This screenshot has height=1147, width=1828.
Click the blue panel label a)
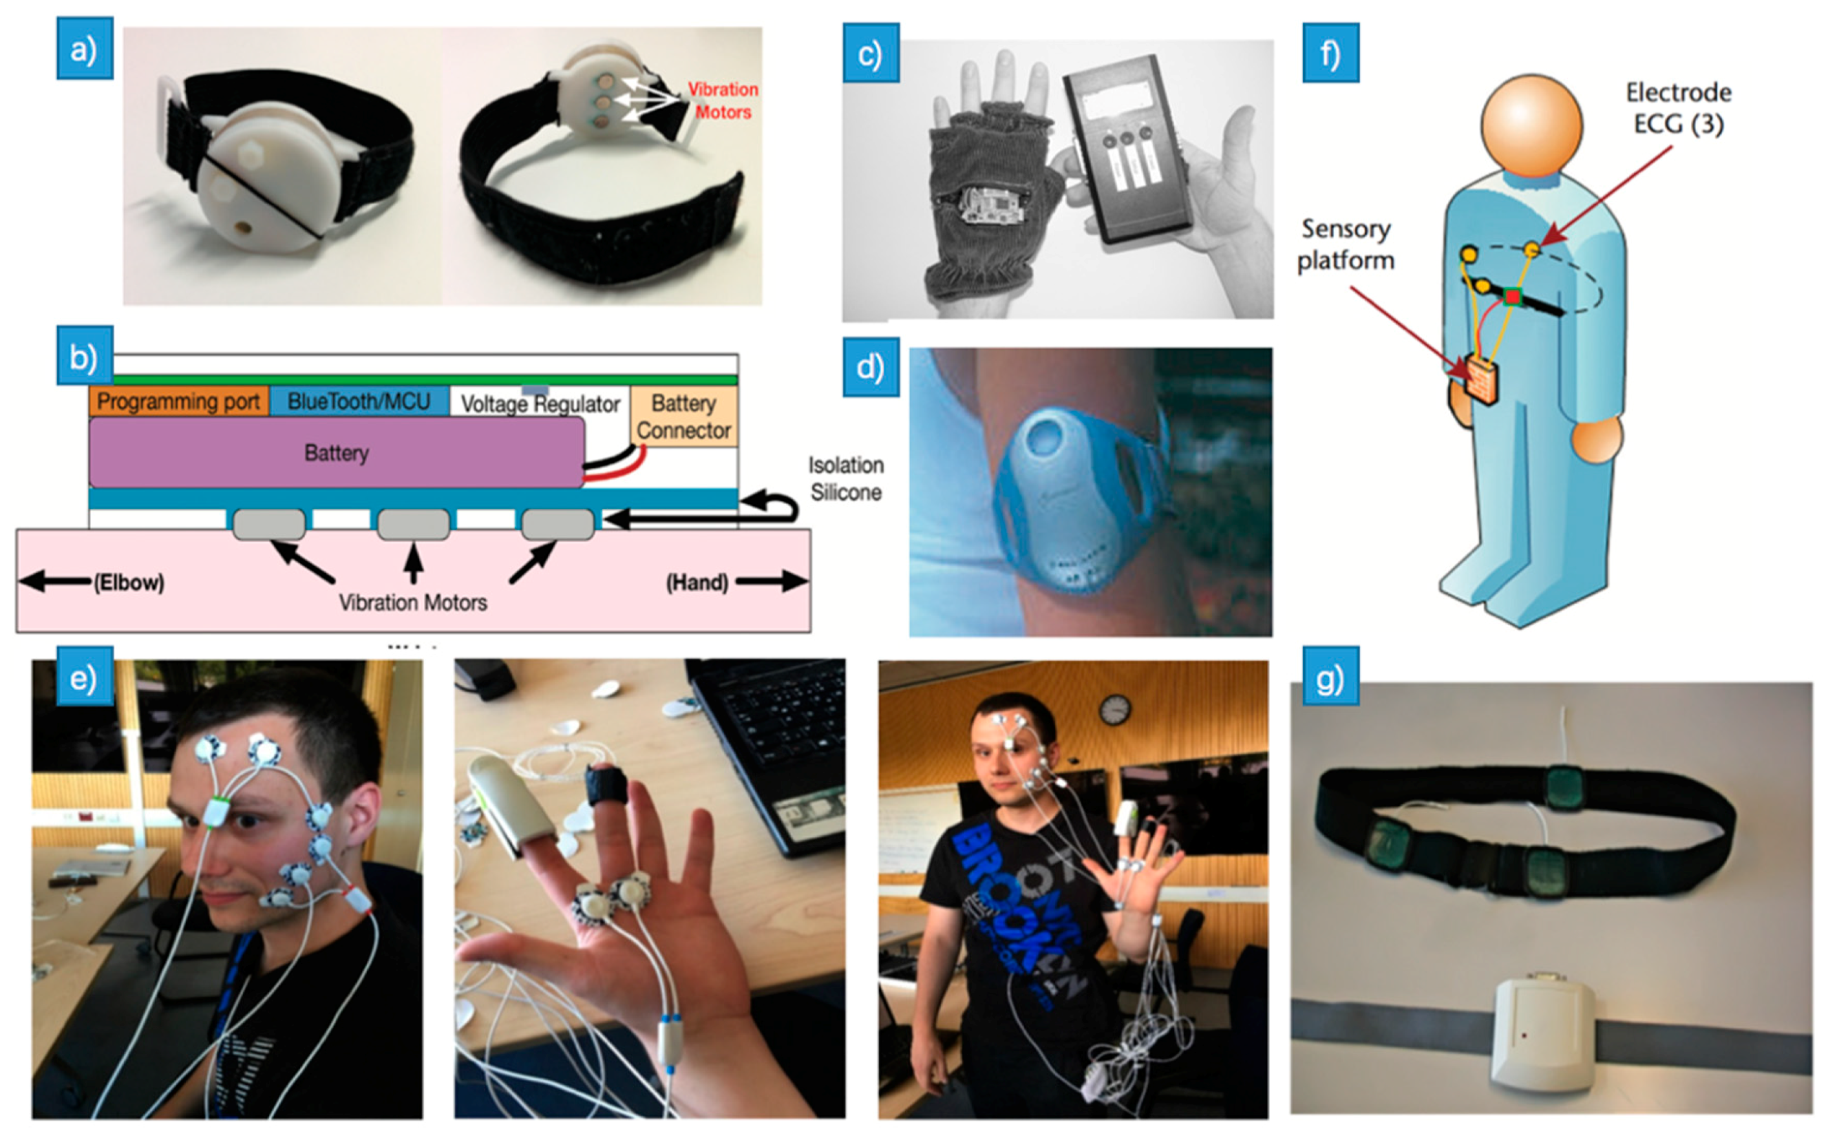click(x=84, y=49)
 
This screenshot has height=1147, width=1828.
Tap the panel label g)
click(x=1330, y=677)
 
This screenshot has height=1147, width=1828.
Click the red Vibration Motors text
click(x=723, y=100)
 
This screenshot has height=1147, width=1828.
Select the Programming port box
click(x=178, y=401)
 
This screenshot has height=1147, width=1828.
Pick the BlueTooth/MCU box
click(x=359, y=401)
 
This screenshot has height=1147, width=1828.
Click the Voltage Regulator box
click(x=540, y=403)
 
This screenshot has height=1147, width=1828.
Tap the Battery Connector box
click(x=684, y=416)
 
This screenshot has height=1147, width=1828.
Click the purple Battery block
click(x=336, y=452)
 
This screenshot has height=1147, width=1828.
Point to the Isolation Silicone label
click(x=846, y=479)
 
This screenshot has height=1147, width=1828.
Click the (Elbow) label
click(x=128, y=583)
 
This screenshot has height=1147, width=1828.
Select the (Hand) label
click(x=697, y=583)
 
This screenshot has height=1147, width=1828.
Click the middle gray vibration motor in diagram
click(x=414, y=524)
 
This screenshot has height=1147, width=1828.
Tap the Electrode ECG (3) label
click(x=1679, y=107)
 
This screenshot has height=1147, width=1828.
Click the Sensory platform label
click(x=1345, y=244)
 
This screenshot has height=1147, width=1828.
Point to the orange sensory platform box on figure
click(x=1482, y=381)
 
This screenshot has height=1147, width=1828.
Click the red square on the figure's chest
click(x=1513, y=297)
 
